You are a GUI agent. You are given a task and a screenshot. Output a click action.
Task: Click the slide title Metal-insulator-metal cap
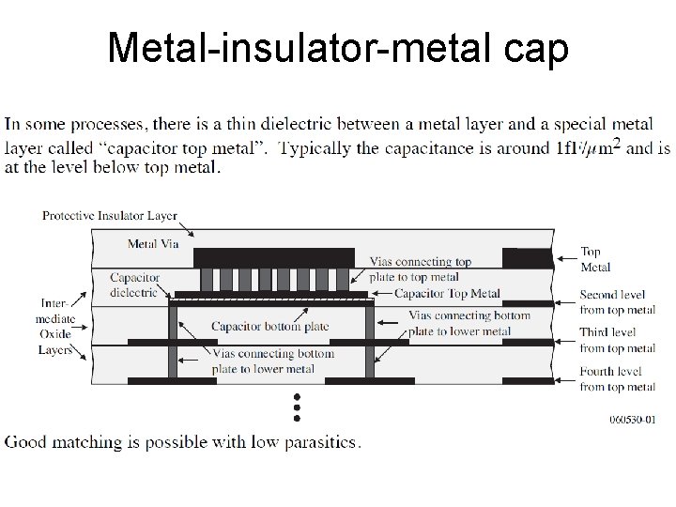338,48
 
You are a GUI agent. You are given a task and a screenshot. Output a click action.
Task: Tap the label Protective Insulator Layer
109,216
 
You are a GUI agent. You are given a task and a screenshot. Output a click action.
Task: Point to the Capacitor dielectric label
135,284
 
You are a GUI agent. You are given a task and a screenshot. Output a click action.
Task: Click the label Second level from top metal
617,303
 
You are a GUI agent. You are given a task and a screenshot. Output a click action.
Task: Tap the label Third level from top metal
617,340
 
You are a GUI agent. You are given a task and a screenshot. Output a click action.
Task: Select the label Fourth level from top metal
617,378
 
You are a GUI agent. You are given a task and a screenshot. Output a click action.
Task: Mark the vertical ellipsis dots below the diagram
296,407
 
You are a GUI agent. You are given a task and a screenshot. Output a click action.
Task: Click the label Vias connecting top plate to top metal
420,269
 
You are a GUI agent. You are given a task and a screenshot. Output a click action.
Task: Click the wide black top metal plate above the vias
273,257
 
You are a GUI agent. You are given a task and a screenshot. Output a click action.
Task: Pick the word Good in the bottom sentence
26,441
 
